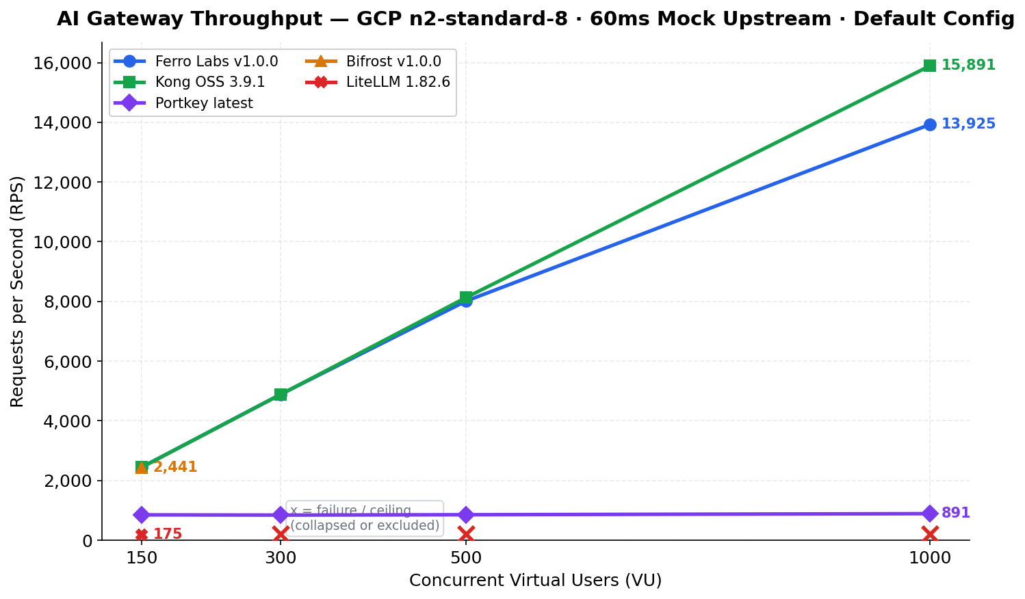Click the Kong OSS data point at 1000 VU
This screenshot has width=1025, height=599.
pyautogui.click(x=929, y=66)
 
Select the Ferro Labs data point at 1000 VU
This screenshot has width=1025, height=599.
pyautogui.click(x=929, y=124)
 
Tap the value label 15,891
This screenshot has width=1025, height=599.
pyautogui.click(x=968, y=66)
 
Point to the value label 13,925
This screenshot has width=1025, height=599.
pyautogui.click(x=968, y=124)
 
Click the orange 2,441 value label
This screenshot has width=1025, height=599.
pyautogui.click(x=175, y=467)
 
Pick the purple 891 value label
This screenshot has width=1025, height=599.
pyautogui.click(x=955, y=513)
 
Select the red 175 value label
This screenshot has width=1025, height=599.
pyautogui.click(x=167, y=534)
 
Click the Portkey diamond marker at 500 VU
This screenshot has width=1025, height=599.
pyautogui.click(x=466, y=515)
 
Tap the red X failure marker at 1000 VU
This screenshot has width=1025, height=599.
pyautogui.click(x=929, y=534)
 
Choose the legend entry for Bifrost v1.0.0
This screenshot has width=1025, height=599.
pyautogui.click(x=393, y=62)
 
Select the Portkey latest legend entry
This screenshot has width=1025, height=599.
pyautogui.click(x=203, y=103)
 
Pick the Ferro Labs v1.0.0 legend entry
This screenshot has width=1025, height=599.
pyautogui.click(x=216, y=62)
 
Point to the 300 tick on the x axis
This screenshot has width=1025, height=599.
pyautogui.click(x=281, y=558)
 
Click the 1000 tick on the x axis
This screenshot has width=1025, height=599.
pyautogui.click(x=929, y=558)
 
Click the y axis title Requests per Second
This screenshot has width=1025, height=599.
pyautogui.click(x=17, y=291)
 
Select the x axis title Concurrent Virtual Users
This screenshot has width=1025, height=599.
pyautogui.click(x=535, y=581)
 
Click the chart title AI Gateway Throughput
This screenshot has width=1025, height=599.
pyautogui.click(x=535, y=19)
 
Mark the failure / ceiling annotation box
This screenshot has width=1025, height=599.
pyautogui.click(x=365, y=518)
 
